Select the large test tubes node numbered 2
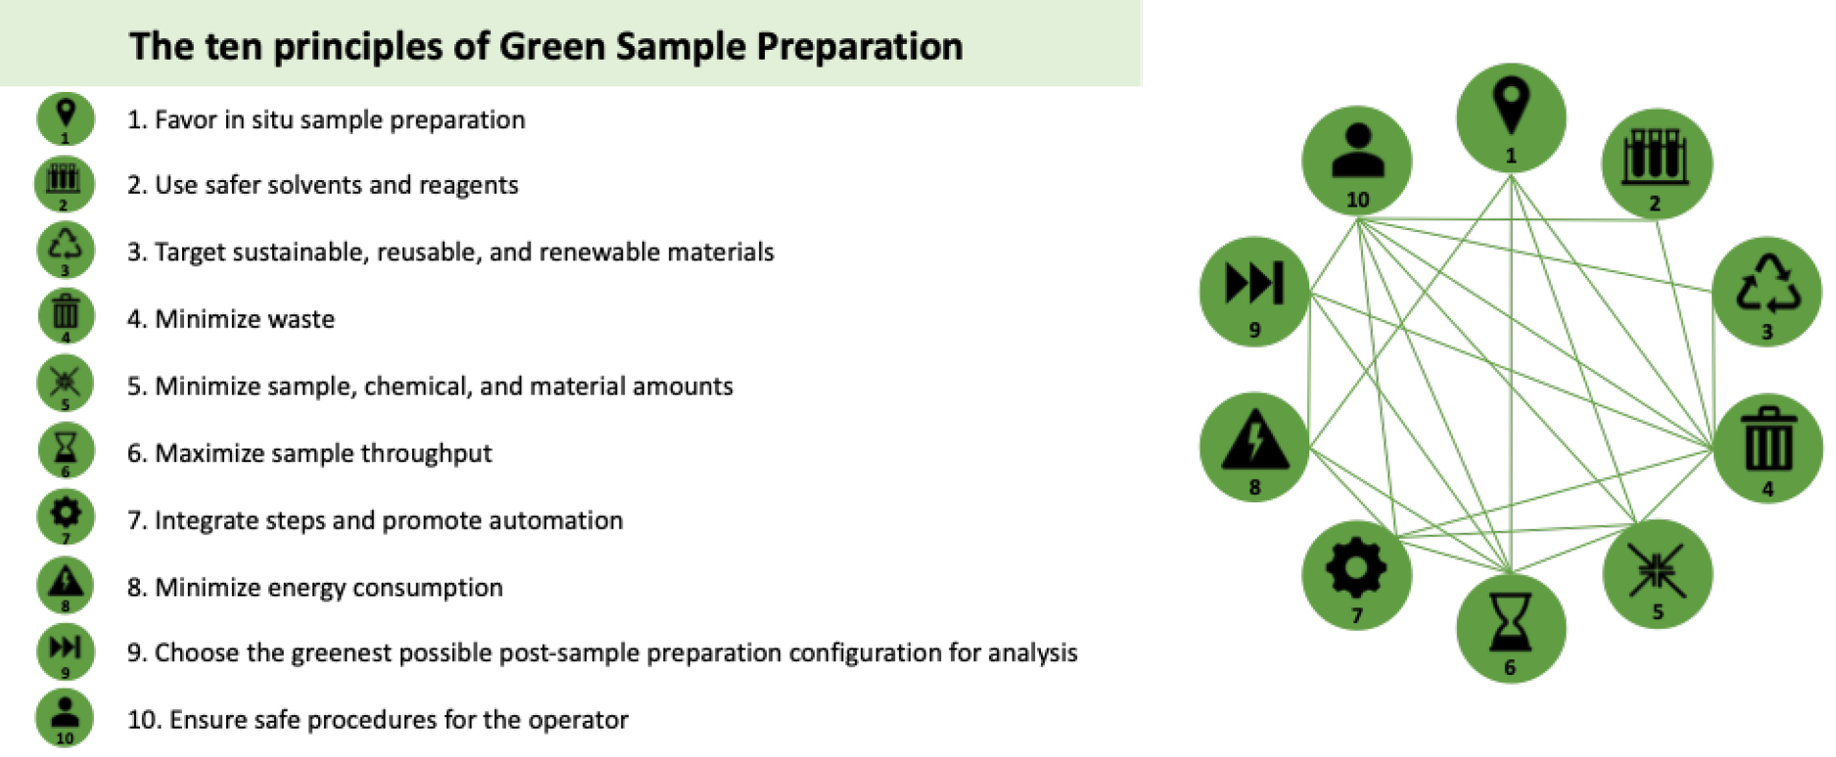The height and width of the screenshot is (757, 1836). click(1656, 164)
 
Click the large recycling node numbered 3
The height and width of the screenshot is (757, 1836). click(1766, 290)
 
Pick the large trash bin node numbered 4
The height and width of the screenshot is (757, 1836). click(1767, 449)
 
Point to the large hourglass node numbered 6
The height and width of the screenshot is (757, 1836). click(1510, 627)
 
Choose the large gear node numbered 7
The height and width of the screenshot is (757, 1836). click(1356, 575)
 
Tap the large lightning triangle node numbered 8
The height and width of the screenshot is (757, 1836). click(1254, 447)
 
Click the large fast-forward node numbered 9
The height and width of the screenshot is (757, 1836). click(1254, 290)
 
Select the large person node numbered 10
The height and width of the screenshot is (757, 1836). click(1356, 160)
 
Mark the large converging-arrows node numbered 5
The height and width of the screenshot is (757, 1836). click(1657, 574)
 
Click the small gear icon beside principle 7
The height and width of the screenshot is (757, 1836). click(66, 516)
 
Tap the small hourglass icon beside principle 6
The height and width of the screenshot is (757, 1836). click(66, 449)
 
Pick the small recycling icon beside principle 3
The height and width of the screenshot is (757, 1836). click(66, 249)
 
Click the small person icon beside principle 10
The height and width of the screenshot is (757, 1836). click(65, 717)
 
